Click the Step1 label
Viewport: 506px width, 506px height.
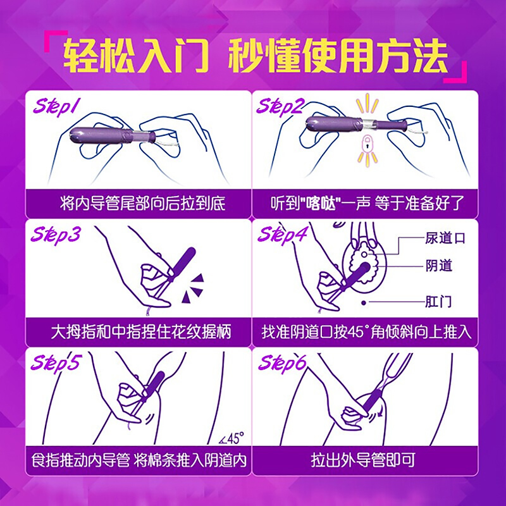coord(55,106)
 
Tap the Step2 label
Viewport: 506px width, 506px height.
coord(280,106)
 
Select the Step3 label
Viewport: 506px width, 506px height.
coord(55,235)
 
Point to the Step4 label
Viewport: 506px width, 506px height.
coord(282,235)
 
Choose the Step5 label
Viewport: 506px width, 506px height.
coord(55,363)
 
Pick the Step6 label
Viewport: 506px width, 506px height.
coord(281,363)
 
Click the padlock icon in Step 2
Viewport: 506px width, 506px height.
coord(367,145)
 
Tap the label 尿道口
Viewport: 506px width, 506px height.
coord(445,238)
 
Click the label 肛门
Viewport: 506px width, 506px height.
coord(438,302)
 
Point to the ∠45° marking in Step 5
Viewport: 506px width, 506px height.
coord(231,438)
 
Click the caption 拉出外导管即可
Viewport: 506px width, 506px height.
coord(363,460)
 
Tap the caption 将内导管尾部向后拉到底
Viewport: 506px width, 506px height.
coord(142,204)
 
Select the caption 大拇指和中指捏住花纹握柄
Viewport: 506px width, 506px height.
coord(141,332)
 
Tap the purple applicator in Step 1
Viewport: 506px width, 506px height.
coord(112,135)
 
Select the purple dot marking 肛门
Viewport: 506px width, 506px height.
coord(364,303)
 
